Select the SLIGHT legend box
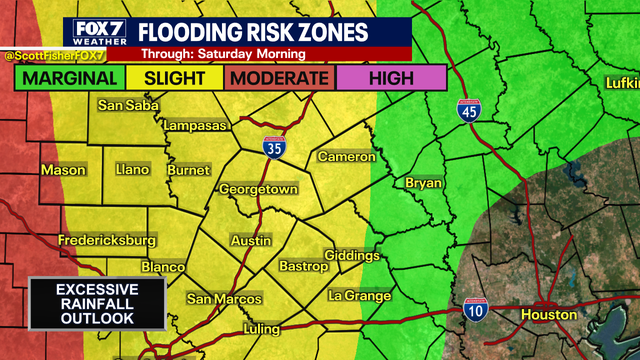pyautogui.click(x=175, y=78)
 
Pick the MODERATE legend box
pyautogui.click(x=281, y=78)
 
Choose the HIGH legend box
pyautogui.click(x=391, y=78)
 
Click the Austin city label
pyautogui.click(x=251, y=241)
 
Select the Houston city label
pyautogui.click(x=548, y=314)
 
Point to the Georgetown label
pyautogui.click(x=259, y=189)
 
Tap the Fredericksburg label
pyautogui.click(x=106, y=240)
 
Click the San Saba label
pyautogui.click(x=123, y=105)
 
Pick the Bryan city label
pyautogui.click(x=424, y=183)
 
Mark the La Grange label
pyautogui.click(x=359, y=296)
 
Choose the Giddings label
pyautogui.click(x=352, y=256)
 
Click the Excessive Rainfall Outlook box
pyautogui.click(x=96, y=304)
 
